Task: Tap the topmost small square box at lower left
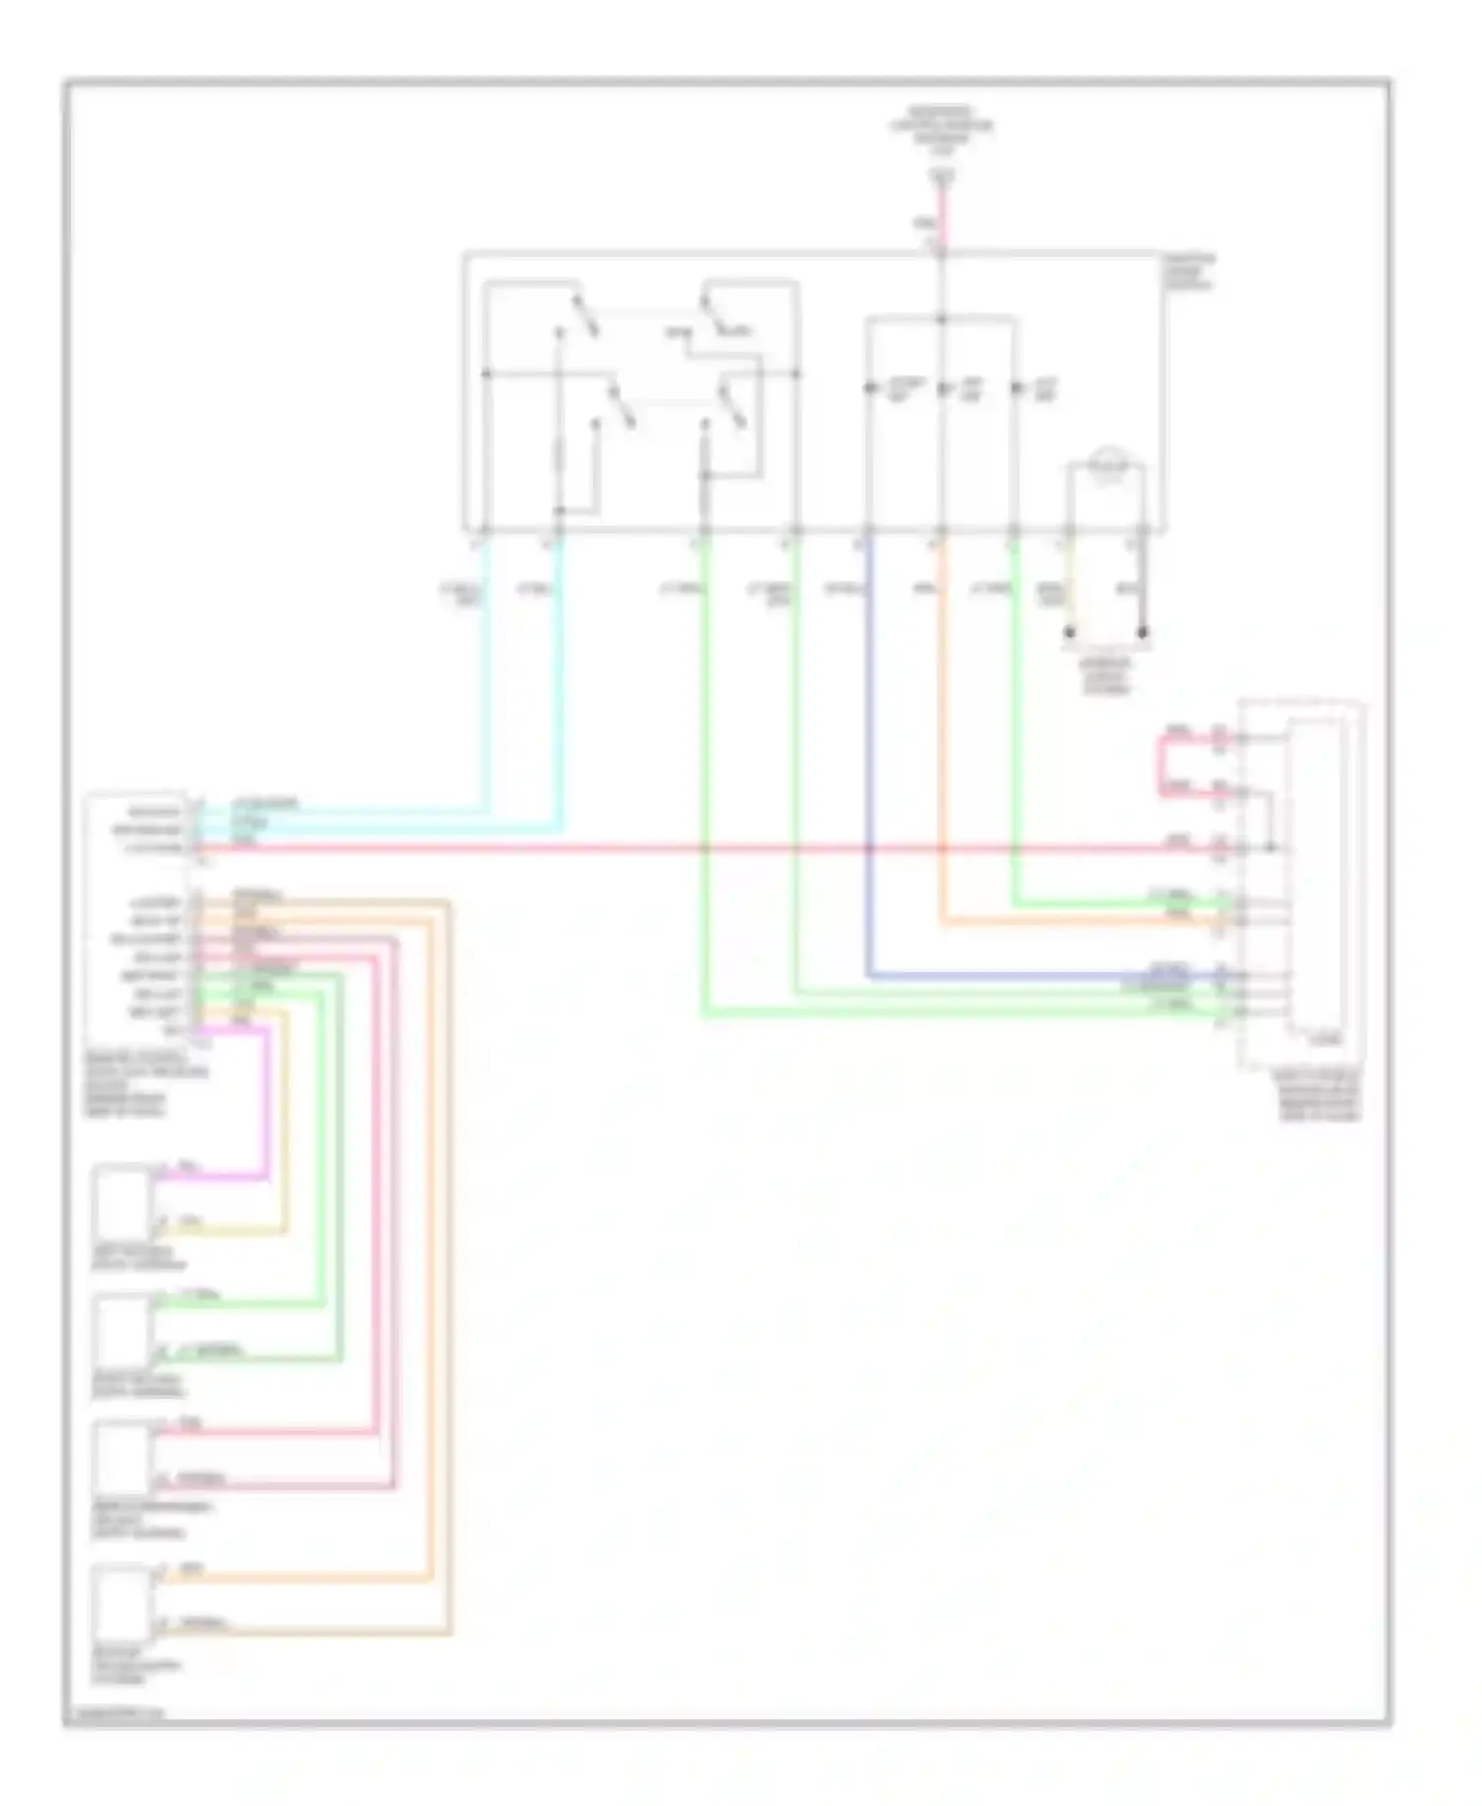point(123,1203)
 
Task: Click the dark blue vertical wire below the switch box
point(868,751)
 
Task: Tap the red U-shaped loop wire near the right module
point(1162,766)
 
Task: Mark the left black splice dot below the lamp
point(1069,631)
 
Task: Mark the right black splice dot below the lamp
point(1143,631)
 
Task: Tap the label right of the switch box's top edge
point(1190,272)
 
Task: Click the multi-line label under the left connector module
point(143,1084)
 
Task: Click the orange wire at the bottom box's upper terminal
point(296,1580)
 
